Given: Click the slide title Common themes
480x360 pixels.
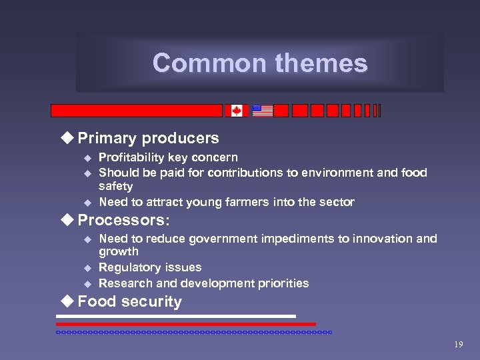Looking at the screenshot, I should click(260, 63).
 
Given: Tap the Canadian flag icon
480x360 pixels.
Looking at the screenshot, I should click(236, 111).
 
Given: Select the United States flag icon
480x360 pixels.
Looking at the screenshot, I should click(262, 111).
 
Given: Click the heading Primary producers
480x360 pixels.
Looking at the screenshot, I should click(148, 138).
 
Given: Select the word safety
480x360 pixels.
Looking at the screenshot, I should click(115, 187).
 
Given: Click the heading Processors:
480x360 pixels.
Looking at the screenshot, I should click(123, 219).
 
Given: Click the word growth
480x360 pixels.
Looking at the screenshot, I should click(119, 252).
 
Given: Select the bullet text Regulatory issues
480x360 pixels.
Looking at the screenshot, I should click(150, 267).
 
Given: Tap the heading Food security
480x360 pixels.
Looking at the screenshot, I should click(129, 301).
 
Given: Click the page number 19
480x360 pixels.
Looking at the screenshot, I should click(458, 345).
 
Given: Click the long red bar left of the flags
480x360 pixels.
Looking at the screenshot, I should click(137, 111).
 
